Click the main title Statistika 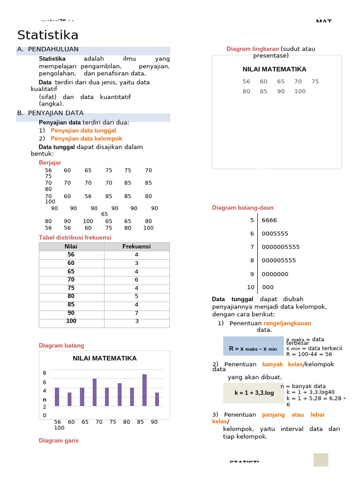(48, 36)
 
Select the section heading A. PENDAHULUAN (53, 49)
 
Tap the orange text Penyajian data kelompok (86, 139)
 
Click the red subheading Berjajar (50, 163)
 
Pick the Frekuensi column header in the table (136, 247)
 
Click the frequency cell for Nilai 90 (136, 313)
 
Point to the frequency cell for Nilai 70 (136, 280)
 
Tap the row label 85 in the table (71, 305)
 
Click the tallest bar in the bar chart (144, 390)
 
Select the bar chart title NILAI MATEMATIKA (105, 358)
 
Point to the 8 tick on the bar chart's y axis (45, 373)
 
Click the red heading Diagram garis (59, 441)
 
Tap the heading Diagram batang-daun (242, 208)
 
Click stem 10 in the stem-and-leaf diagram (251, 287)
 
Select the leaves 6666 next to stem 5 (269, 220)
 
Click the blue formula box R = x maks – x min (253, 346)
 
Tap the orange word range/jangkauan (287, 323)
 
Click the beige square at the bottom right (321, 460)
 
